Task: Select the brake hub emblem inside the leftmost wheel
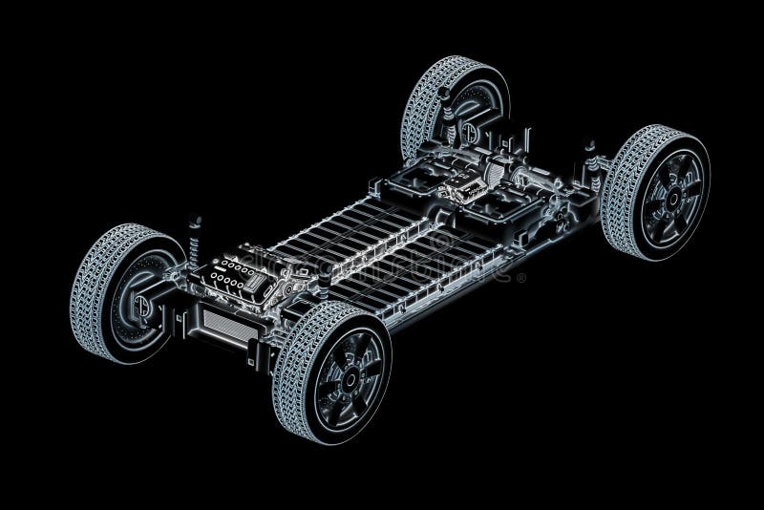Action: [142, 306]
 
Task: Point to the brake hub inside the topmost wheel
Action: [471, 132]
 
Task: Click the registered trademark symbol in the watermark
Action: [521, 278]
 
